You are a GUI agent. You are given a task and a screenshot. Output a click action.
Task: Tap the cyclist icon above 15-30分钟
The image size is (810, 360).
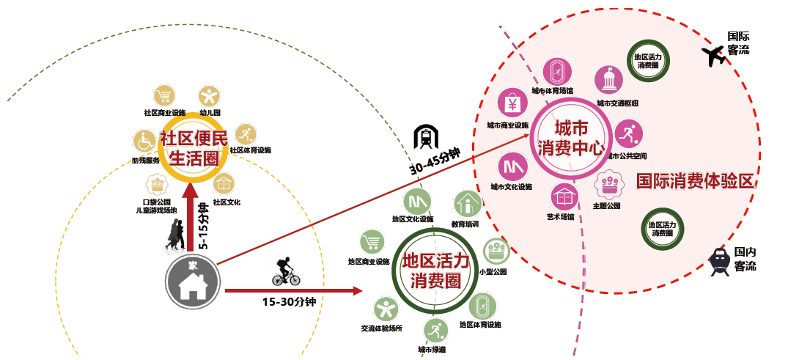pos(286,272)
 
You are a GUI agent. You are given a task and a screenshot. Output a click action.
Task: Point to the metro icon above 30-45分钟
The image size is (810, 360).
pos(424,136)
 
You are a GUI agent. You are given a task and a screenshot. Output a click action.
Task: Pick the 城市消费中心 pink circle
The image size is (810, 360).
pos(570,137)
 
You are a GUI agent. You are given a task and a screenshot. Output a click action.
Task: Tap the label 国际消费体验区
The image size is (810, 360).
pos(695,181)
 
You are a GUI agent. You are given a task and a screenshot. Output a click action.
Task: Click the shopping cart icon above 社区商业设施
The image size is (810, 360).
pos(165,96)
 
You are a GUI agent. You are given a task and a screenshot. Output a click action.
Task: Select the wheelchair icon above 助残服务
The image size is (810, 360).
pos(143,140)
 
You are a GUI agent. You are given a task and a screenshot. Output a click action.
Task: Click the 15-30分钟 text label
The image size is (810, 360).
pos(289,301)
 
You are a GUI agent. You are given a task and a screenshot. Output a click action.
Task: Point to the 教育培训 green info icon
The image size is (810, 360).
pos(467,203)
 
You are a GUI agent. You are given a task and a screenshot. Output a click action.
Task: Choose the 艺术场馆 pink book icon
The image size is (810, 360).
pos(564,196)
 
